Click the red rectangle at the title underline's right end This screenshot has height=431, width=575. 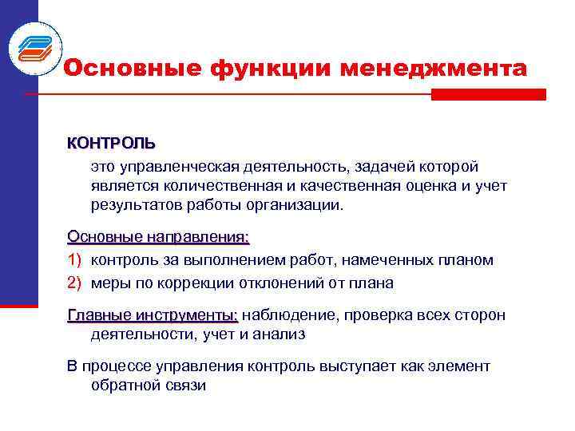tap(488, 94)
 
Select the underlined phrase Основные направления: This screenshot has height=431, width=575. tap(158, 237)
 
